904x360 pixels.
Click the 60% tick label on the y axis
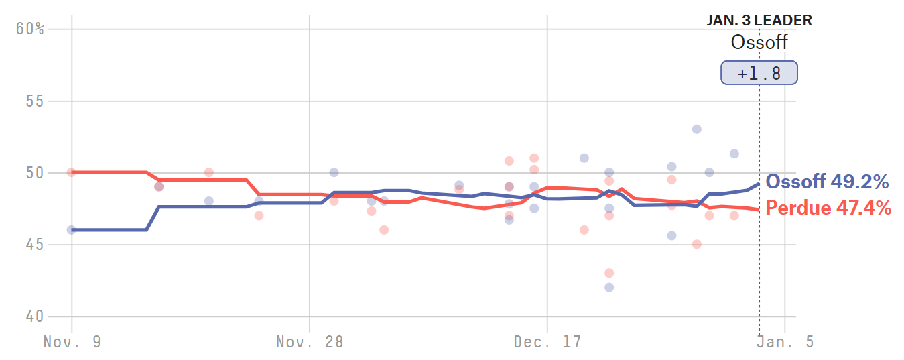tap(30, 29)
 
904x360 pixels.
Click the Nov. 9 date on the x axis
tap(72, 342)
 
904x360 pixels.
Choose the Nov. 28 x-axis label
tap(310, 342)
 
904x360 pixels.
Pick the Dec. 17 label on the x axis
tap(547, 342)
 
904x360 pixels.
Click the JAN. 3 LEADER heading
tap(759, 21)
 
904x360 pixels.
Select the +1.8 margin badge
tap(759, 73)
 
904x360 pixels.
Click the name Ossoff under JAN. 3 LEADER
tap(759, 43)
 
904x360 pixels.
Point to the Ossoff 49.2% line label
tap(827, 182)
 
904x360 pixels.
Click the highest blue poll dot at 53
tap(696, 129)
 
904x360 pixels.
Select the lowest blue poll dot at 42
tap(609, 287)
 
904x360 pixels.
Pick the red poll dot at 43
tap(609, 273)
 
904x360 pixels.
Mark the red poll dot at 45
tap(696, 244)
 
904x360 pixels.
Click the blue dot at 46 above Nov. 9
tap(72, 230)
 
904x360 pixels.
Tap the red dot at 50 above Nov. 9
tap(72, 172)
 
